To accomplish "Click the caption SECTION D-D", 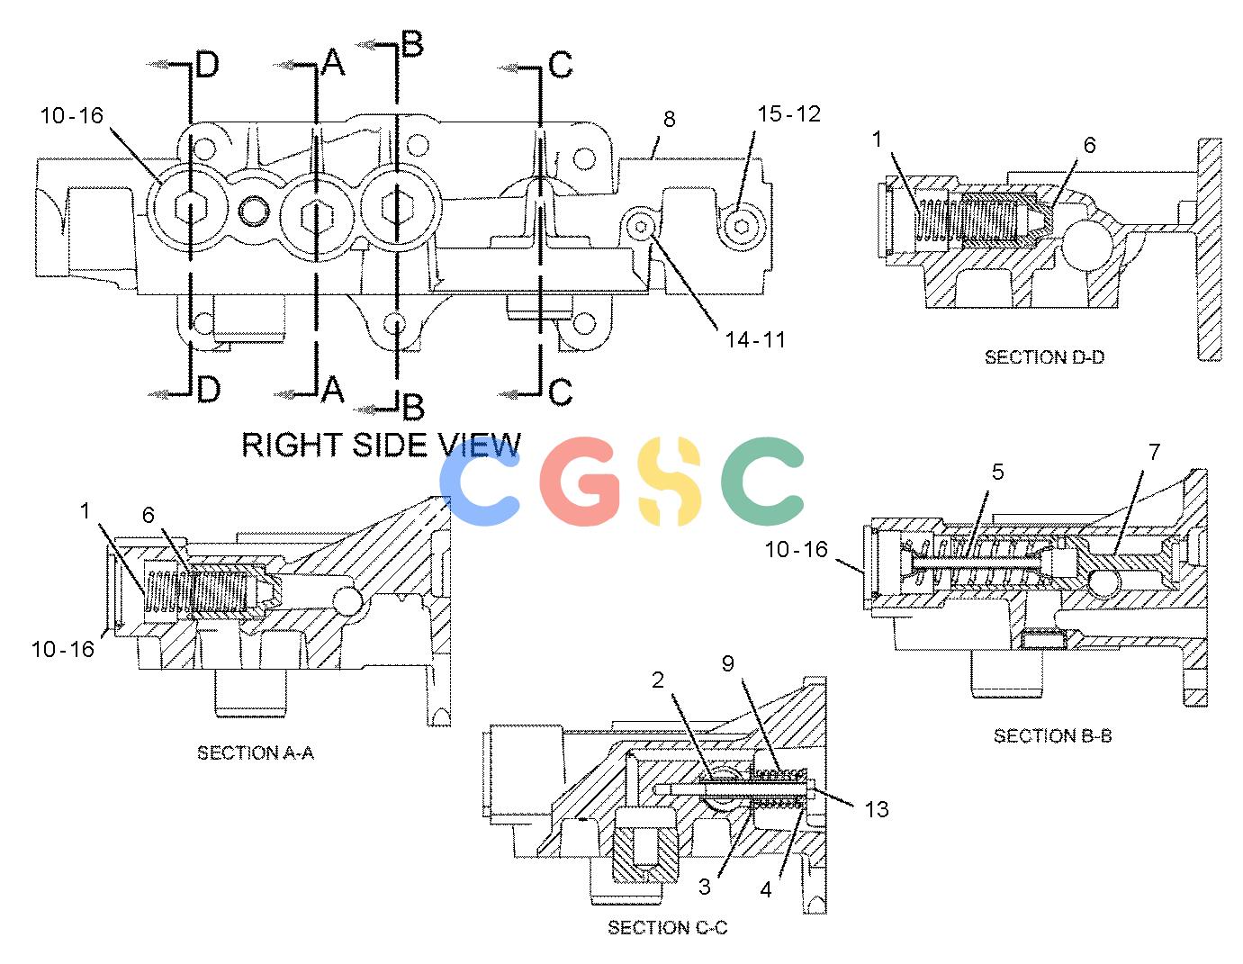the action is pyautogui.click(x=1044, y=357).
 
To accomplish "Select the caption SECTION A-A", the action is pyautogui.click(x=256, y=753).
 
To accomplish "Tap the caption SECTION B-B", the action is pyautogui.click(x=1052, y=735).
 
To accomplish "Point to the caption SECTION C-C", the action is pyautogui.click(x=668, y=927).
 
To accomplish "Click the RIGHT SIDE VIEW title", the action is pyautogui.click(x=381, y=445).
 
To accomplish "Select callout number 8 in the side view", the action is pyautogui.click(x=670, y=119).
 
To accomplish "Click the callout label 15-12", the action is pyautogui.click(x=788, y=113).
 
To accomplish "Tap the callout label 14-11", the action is pyautogui.click(x=755, y=339).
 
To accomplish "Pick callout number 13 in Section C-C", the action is pyautogui.click(x=877, y=809).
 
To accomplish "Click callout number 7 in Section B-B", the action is pyautogui.click(x=1154, y=452).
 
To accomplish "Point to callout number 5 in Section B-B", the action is pyautogui.click(x=997, y=472).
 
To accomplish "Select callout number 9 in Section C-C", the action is pyautogui.click(x=727, y=663).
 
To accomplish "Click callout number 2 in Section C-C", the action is pyautogui.click(x=658, y=680).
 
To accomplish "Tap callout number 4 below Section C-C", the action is pyautogui.click(x=766, y=889).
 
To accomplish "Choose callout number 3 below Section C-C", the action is pyautogui.click(x=705, y=887).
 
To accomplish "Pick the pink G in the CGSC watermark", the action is pyautogui.click(x=578, y=482).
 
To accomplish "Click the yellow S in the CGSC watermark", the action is pyautogui.click(x=670, y=482).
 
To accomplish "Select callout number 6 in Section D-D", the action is pyautogui.click(x=1090, y=145).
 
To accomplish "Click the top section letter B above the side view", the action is pyautogui.click(x=412, y=44).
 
